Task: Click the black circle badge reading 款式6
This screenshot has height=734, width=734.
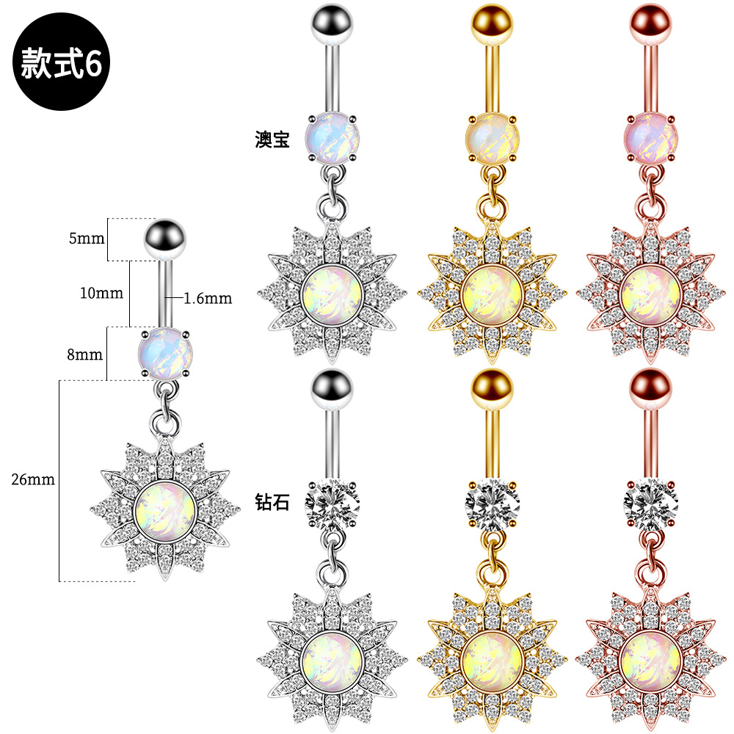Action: (x=61, y=62)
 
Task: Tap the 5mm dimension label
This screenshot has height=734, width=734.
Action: (x=87, y=239)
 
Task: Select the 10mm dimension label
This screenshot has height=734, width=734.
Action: (x=101, y=293)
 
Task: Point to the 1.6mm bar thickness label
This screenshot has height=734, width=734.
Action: (x=208, y=298)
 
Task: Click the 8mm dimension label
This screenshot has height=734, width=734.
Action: (x=84, y=355)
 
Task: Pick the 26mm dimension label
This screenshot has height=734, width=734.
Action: (x=33, y=479)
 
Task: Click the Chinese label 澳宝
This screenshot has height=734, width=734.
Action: (x=272, y=139)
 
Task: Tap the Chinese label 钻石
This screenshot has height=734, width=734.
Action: (x=272, y=502)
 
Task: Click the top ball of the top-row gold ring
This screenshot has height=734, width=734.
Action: (x=492, y=23)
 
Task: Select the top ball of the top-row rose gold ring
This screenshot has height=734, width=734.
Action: (x=650, y=23)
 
